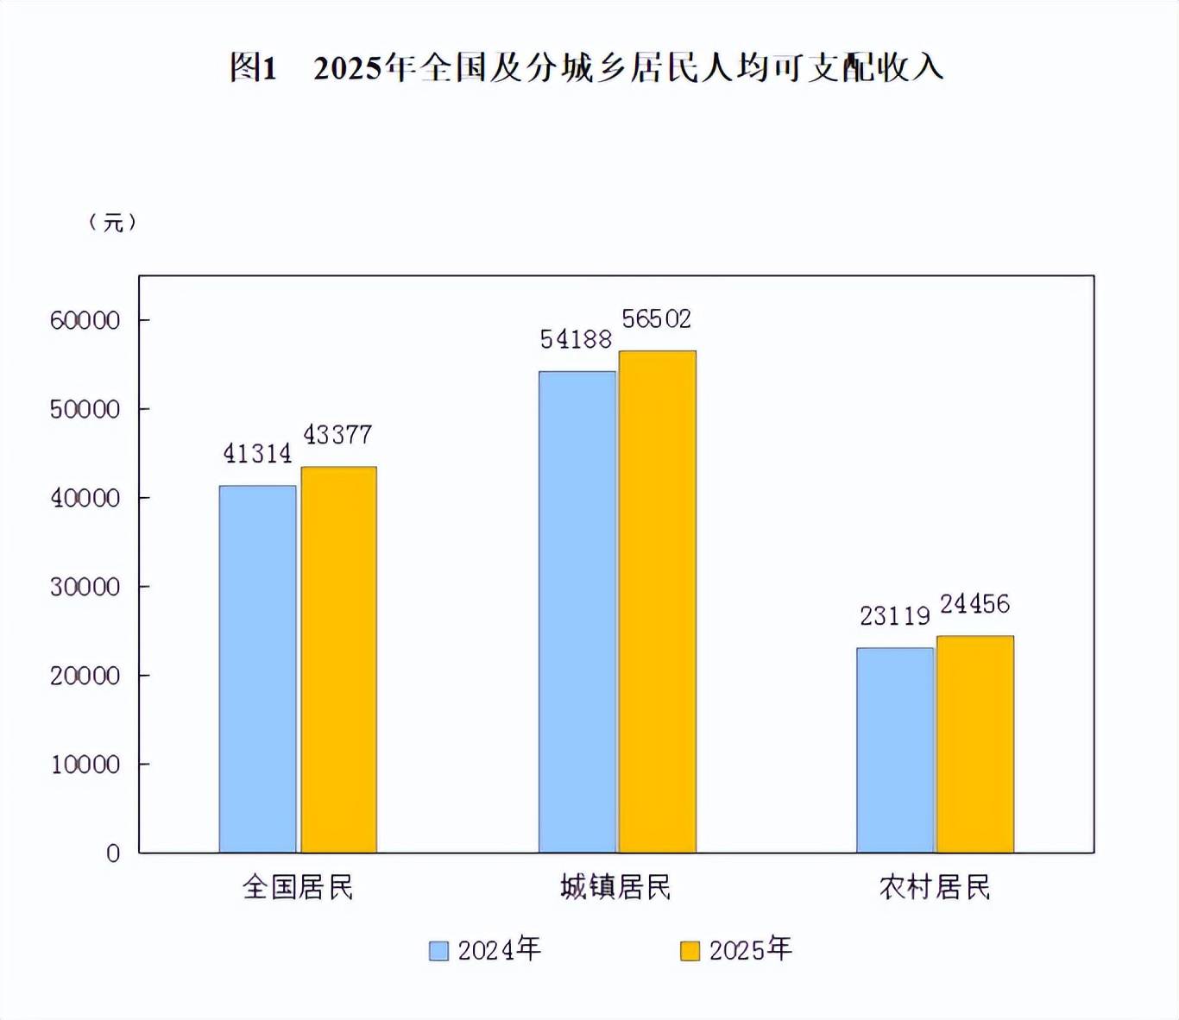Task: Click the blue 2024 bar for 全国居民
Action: [257, 669]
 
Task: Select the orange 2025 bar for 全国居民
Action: [338, 659]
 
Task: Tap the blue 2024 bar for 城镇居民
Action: [577, 612]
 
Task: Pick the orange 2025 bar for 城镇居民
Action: [657, 601]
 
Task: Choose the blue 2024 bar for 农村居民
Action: [895, 750]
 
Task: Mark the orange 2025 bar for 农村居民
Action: [975, 744]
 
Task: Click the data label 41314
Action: [257, 454]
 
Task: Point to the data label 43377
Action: [337, 435]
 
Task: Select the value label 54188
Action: [576, 340]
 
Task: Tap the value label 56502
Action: [657, 319]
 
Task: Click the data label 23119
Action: [895, 616]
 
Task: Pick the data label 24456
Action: [974, 604]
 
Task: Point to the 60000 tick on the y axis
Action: [85, 321]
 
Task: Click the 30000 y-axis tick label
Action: [85, 588]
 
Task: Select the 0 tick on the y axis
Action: [113, 854]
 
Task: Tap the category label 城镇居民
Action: [615, 887]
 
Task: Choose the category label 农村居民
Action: [935, 887]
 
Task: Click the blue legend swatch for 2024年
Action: [438, 951]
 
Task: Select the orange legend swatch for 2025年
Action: [690, 951]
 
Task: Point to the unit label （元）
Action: [113, 223]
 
